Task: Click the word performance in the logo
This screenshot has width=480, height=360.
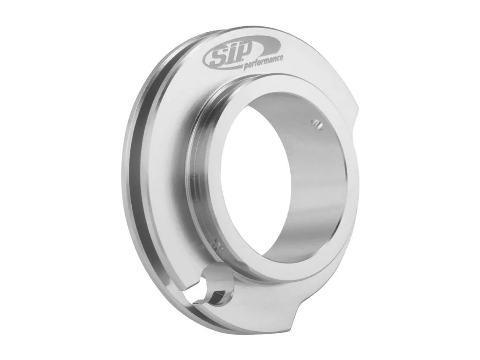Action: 263,62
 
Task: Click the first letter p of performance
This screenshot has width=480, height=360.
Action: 246,67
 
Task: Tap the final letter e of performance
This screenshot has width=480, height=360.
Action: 281,58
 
